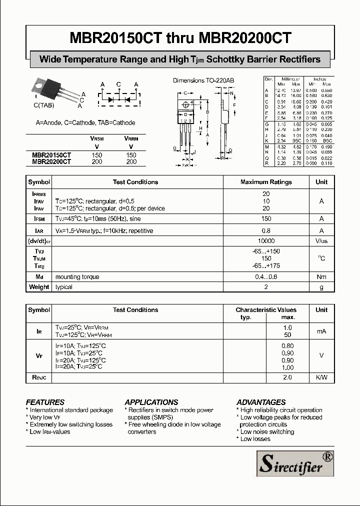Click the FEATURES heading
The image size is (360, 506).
45,402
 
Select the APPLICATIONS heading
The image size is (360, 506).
151,402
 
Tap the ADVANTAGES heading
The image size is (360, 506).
261,402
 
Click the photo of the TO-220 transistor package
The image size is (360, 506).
53,90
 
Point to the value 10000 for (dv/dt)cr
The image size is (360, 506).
266,240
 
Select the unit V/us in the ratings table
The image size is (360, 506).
321,240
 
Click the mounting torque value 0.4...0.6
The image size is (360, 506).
266,277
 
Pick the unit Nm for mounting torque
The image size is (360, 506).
321,277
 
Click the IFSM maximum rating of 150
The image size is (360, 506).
266,218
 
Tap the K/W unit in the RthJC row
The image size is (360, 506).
321,377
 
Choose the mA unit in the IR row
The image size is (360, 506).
321,331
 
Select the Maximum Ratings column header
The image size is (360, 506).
266,182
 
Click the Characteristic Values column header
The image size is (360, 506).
266,310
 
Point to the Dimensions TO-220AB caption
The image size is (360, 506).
203,80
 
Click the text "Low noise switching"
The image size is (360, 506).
267,431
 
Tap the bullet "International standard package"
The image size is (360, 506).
71,410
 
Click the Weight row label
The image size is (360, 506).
39,287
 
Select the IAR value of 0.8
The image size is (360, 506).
266,231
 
